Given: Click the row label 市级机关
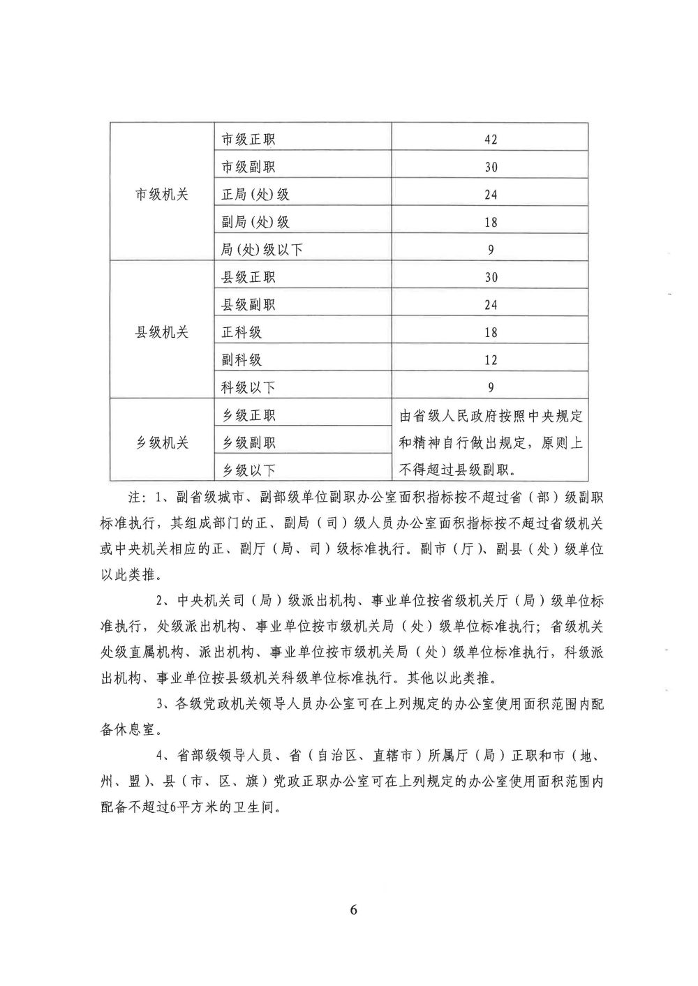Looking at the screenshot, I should click(x=161, y=195).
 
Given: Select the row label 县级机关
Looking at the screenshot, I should click(x=161, y=332).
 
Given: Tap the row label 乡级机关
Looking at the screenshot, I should click(x=161, y=442).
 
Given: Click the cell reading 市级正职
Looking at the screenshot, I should click(x=248, y=139).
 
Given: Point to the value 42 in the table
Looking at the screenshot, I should click(x=491, y=139).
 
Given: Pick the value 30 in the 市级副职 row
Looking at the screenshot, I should click(x=491, y=167).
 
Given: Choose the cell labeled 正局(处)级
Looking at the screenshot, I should click(x=255, y=195).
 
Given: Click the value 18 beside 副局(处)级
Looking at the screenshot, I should click(x=491, y=222).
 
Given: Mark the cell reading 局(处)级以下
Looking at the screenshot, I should click(x=262, y=250).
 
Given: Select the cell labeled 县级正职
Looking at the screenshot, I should click(x=248, y=277).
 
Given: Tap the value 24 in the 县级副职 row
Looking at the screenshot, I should click(x=491, y=305).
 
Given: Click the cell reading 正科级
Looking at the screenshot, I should click(x=242, y=332).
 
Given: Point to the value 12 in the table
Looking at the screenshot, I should click(x=491, y=360).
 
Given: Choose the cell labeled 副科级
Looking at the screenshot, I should click(x=242, y=360).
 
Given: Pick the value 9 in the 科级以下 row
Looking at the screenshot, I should click(x=491, y=387).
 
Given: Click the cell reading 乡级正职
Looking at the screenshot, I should click(x=248, y=415).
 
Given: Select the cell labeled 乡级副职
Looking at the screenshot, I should click(x=248, y=442).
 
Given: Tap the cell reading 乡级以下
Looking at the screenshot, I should click(x=248, y=470).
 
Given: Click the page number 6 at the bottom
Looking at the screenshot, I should click(x=353, y=910).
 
